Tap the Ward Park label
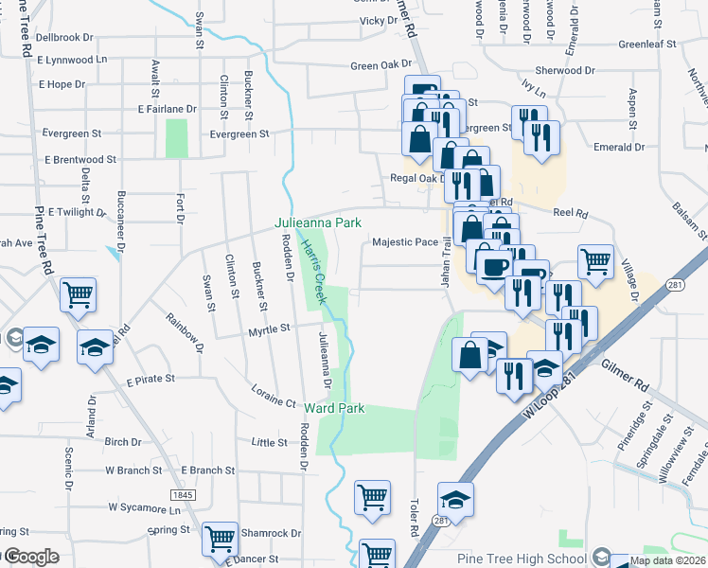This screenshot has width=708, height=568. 334,408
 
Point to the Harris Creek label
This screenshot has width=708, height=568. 313,271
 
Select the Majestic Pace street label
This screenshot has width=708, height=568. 405,242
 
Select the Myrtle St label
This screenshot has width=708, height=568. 268,328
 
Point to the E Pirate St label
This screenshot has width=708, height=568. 150,379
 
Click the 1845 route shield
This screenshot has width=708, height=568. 184,495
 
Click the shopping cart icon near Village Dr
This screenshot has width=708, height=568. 595,261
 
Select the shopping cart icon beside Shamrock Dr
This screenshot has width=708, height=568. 221,540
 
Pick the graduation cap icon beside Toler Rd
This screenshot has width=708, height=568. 455,499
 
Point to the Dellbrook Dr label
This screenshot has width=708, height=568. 63,38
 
